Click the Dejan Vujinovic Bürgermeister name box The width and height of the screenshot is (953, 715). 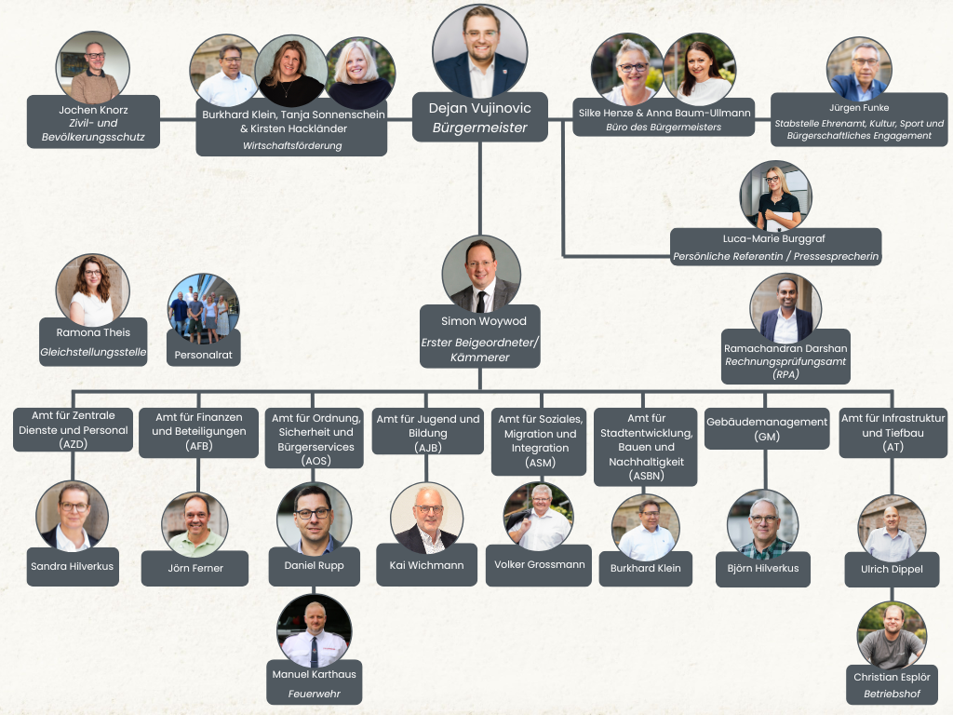[479, 117]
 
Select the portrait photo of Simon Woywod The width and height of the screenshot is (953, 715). [481, 274]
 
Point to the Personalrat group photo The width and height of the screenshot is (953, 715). [203, 308]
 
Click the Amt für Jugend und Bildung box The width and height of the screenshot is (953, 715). [428, 432]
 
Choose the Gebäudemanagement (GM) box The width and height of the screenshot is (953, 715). [767, 428]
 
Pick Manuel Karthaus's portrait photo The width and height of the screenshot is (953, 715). [315, 631]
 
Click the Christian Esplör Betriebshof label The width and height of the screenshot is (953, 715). [892, 685]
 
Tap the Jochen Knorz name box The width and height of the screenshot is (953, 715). [94, 122]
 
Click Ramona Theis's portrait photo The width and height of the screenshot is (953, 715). [92, 290]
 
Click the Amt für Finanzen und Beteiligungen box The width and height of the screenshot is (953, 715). [199, 432]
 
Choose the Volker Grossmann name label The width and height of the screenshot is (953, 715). [539, 565]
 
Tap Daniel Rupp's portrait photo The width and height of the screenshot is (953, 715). [314, 519]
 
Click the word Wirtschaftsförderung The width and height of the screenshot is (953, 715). [292, 146]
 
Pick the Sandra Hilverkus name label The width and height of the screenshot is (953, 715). [73, 567]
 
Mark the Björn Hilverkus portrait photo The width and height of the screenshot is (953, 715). [763, 525]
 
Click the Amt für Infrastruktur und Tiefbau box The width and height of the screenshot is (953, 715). [893, 432]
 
